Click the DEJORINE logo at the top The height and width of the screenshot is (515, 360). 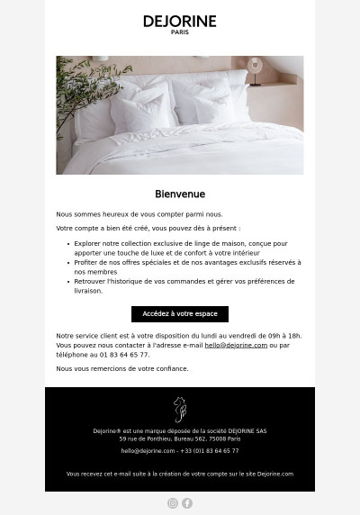[180, 22]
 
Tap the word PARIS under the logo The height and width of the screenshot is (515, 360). [180, 33]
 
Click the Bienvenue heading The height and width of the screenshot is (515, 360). [180, 194]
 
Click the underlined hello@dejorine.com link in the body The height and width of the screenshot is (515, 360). [236, 345]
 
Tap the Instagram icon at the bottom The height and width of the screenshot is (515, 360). [173, 503]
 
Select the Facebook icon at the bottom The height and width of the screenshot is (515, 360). [187, 503]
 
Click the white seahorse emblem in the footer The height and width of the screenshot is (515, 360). [180, 409]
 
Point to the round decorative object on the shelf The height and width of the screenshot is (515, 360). [255, 65]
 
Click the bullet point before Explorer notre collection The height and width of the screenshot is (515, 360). [67, 243]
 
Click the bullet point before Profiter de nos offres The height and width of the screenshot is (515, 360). [67, 262]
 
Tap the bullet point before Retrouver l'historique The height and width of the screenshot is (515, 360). [67, 281]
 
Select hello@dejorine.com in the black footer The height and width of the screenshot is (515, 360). [148, 450]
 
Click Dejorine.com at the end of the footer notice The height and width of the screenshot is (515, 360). [274, 473]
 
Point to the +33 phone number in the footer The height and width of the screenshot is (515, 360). [210, 450]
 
